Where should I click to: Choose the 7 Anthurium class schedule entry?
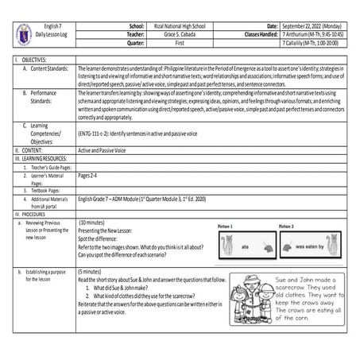pyautogui.click(x=316, y=36)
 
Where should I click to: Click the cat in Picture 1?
pyautogui.click(x=227, y=246)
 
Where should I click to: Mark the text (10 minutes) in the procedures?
pyautogui.click(x=93, y=223)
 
